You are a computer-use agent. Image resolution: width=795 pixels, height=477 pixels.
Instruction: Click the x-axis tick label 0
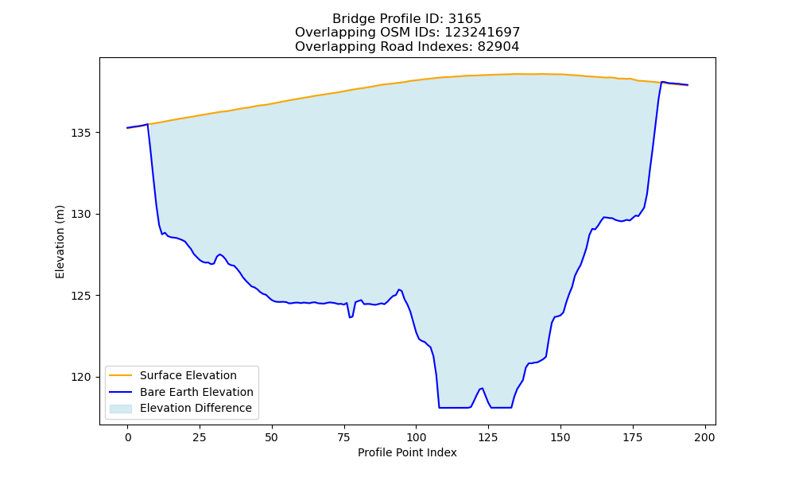(x=128, y=438)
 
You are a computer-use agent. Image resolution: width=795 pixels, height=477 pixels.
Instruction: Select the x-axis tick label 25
(x=200, y=438)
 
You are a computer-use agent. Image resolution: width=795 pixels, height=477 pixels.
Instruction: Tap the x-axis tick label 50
(x=272, y=438)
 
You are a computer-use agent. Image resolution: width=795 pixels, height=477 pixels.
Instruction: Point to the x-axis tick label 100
(x=417, y=438)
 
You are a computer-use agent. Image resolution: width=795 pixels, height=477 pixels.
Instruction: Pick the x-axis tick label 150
(x=560, y=438)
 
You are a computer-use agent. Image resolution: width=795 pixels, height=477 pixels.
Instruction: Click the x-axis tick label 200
(x=704, y=438)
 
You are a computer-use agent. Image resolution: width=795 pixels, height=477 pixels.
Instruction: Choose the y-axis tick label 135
(x=80, y=133)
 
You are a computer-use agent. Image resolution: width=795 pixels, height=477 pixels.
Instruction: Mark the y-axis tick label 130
(x=80, y=215)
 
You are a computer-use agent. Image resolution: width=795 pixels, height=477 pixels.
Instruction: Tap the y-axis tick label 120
(x=80, y=377)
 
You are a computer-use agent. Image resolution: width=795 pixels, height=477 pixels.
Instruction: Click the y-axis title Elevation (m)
(x=60, y=242)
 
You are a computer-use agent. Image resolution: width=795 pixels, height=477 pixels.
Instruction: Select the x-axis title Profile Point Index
(x=407, y=452)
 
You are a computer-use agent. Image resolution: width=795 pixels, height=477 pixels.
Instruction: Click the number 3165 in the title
(x=464, y=19)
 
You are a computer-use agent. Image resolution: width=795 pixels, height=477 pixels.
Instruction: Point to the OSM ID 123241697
(x=483, y=33)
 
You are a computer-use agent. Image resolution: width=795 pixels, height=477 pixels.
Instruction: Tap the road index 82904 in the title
(x=498, y=47)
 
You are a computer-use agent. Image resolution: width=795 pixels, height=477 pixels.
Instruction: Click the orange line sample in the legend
(x=121, y=375)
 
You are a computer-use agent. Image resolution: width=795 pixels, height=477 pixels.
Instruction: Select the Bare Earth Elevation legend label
(x=196, y=392)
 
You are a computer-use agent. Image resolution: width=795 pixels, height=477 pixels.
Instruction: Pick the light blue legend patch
(x=121, y=409)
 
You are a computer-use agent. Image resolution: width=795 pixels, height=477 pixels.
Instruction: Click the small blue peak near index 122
(x=482, y=388)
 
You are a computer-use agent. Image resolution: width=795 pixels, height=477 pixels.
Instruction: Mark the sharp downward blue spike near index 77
(x=350, y=317)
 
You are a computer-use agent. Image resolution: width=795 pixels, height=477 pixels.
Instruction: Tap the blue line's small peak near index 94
(x=399, y=289)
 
